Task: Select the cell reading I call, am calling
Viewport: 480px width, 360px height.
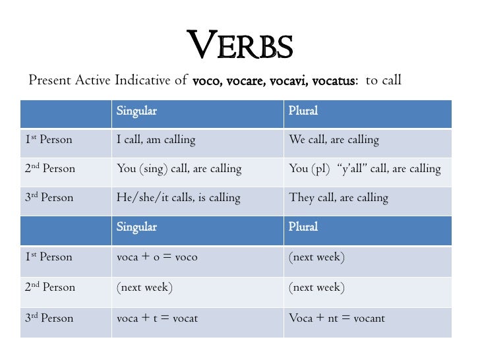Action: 156,140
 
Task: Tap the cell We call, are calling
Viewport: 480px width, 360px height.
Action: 334,140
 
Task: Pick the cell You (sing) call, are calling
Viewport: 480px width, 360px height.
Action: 179,169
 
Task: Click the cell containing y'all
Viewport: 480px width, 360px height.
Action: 365,169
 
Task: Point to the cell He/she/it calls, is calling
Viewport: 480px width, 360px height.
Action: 178,198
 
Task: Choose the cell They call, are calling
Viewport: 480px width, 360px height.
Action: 338,198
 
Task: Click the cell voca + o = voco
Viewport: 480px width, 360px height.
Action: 157,257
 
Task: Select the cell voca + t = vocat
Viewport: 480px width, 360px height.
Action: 157,318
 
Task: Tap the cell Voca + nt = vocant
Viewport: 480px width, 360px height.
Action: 336,318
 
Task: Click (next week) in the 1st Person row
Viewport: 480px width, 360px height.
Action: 316,257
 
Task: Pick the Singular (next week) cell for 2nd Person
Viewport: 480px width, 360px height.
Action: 144,287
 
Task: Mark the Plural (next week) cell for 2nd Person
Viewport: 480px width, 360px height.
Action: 316,287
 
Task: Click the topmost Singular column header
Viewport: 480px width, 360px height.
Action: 136,111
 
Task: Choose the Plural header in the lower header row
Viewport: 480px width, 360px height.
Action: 303,227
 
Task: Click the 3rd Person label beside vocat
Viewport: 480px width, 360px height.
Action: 49,318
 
